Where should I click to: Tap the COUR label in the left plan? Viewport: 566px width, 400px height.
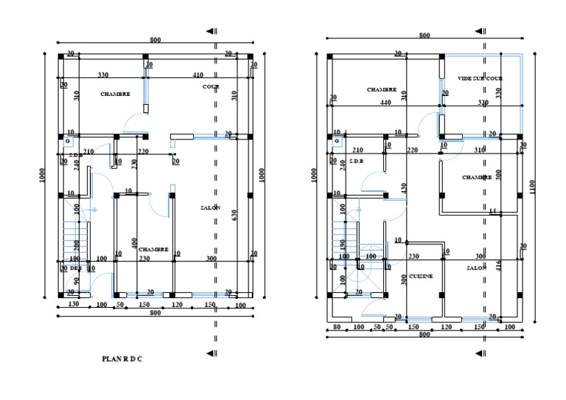[x=212, y=86]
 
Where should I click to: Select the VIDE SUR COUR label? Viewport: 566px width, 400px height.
[x=480, y=78]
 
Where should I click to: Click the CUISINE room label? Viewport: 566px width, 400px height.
[x=421, y=276]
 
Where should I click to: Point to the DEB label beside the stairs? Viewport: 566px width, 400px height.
[x=76, y=268]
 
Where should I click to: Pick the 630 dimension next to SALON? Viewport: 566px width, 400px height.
[x=234, y=215]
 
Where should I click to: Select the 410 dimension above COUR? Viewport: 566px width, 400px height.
[x=198, y=75]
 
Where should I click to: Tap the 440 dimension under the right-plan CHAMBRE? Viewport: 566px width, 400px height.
[x=385, y=103]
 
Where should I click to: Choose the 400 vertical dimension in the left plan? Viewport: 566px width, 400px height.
[x=134, y=243]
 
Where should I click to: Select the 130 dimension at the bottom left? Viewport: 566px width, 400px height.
[x=74, y=304]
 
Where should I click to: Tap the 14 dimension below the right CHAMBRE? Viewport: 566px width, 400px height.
[x=493, y=211]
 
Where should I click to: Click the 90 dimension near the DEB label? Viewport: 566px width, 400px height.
[x=77, y=282]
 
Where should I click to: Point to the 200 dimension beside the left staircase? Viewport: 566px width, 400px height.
[x=76, y=245]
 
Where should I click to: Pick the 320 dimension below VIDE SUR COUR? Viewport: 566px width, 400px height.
[x=483, y=103]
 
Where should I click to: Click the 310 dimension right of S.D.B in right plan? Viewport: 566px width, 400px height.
[x=480, y=151]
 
